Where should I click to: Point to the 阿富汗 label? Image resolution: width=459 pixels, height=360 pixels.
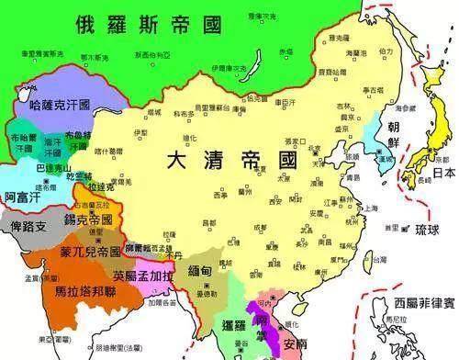tap(22, 196)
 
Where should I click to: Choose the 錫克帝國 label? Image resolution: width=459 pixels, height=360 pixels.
tap(82, 221)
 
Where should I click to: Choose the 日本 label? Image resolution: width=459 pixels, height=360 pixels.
tap(444, 172)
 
